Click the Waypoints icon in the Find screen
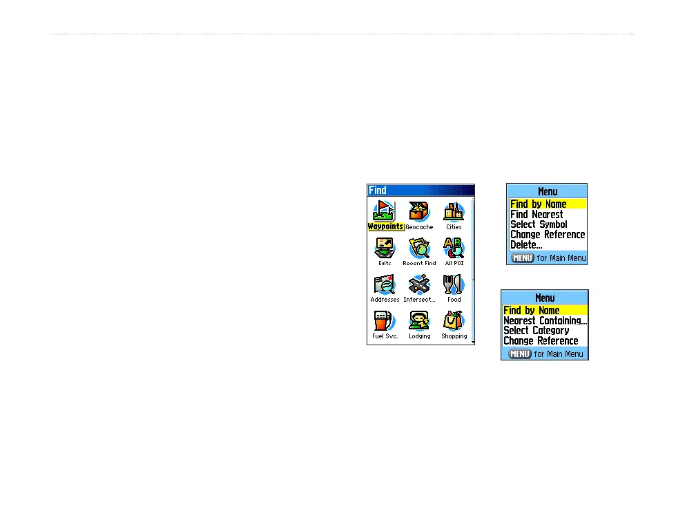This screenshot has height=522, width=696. click(x=385, y=212)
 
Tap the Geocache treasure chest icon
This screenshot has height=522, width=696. click(x=419, y=212)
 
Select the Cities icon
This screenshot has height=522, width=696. click(x=454, y=211)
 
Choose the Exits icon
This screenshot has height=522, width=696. click(x=385, y=248)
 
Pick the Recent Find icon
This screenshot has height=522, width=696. click(x=419, y=248)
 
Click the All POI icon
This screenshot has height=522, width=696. click(x=454, y=248)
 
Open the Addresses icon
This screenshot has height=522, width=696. click(x=385, y=284)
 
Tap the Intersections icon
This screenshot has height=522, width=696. click(x=419, y=284)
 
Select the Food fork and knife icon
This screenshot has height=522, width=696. click(x=454, y=284)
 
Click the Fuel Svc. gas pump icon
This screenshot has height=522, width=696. click(x=385, y=321)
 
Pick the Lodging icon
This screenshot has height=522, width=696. click(x=419, y=321)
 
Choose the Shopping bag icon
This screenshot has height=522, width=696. click(x=454, y=321)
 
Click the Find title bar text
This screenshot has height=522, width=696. click(x=378, y=190)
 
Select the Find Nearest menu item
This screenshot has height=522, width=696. click(x=536, y=214)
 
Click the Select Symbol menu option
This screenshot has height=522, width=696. click(x=539, y=224)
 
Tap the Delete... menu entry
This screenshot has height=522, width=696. click(x=526, y=244)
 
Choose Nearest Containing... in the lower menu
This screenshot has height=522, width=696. click(x=545, y=320)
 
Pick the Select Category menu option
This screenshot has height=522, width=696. click(x=536, y=331)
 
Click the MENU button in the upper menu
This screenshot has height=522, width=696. click(x=522, y=258)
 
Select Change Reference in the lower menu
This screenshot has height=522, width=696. click(x=541, y=341)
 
